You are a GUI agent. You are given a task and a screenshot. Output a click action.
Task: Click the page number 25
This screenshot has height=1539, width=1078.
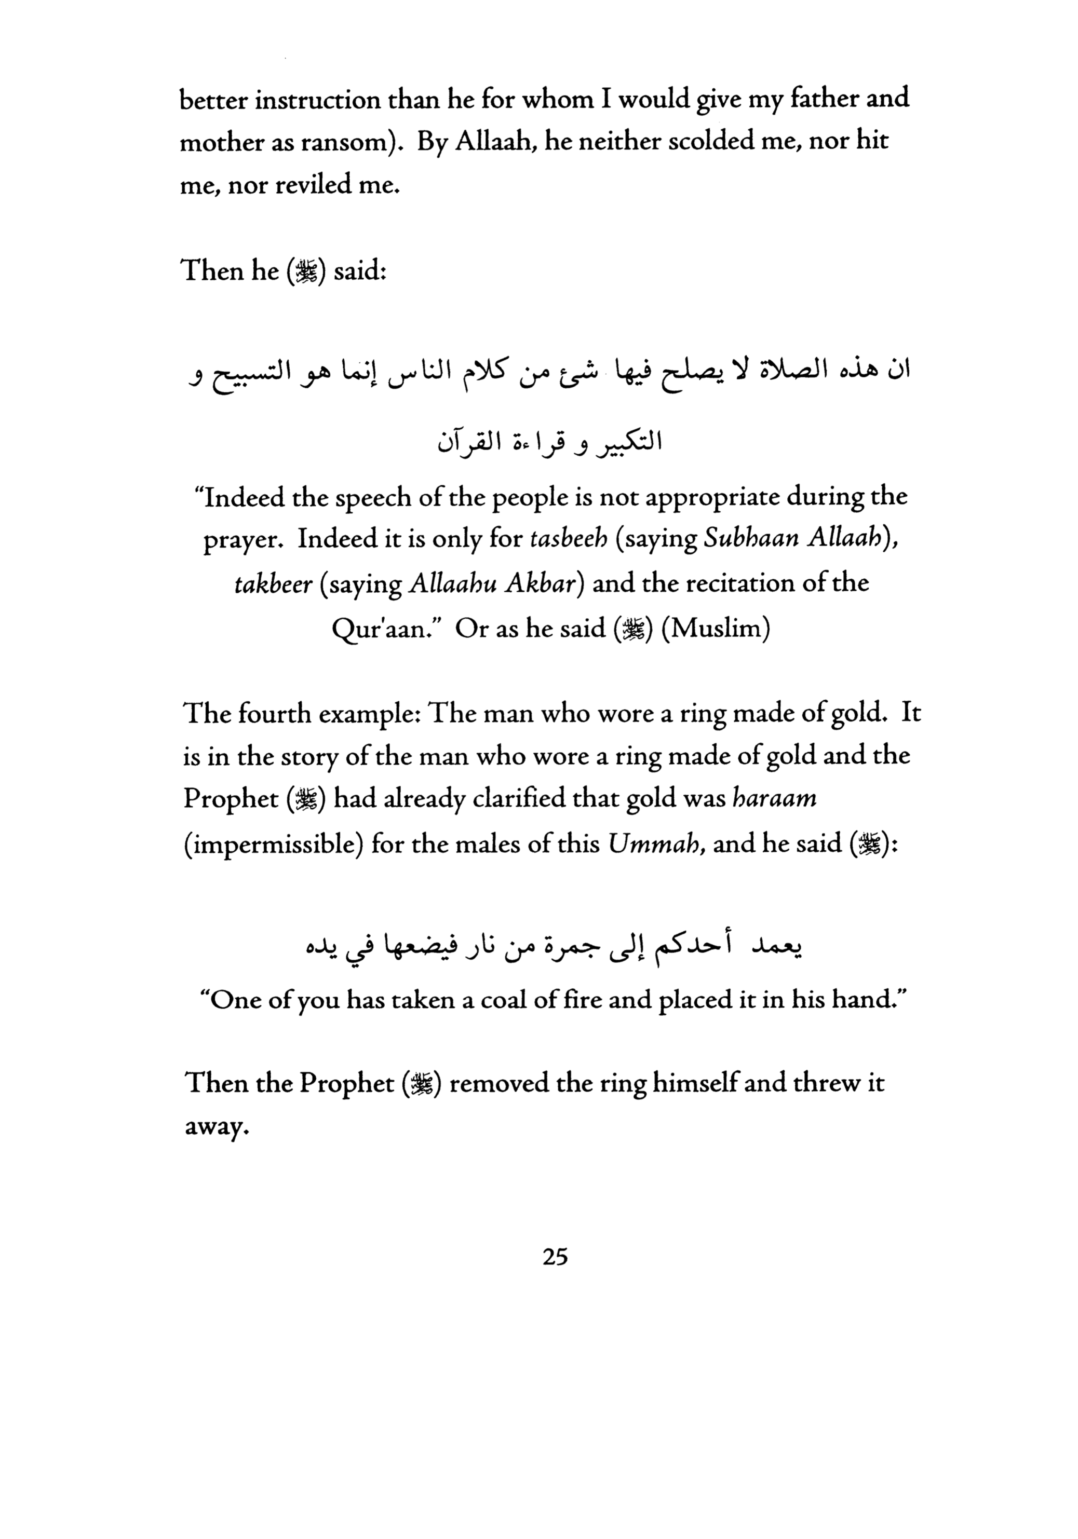pyautogui.click(x=555, y=1257)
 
